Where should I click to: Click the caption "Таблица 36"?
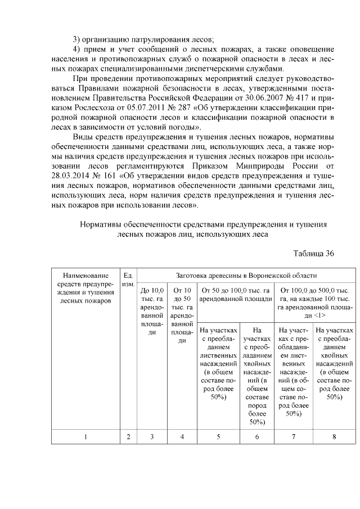point(314,254)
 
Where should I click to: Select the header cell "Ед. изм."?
point(128,280)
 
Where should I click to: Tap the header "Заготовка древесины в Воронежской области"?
point(246,276)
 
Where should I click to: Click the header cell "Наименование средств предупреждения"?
point(85,288)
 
